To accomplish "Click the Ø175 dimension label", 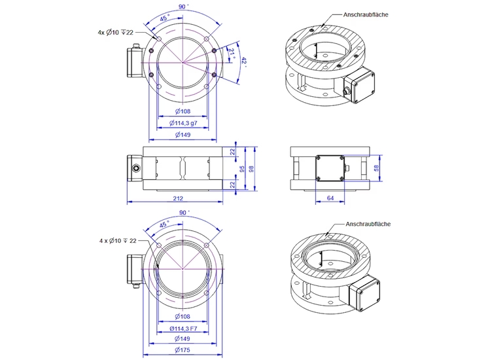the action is (183, 350).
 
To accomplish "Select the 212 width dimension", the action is (178, 198).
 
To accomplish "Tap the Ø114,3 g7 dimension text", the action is (183, 123).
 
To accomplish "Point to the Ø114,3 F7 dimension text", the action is (183, 329).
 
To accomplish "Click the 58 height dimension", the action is (377, 168).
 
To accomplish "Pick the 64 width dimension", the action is (330, 198).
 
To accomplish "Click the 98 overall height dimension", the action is (251, 169).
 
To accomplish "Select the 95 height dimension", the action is (242, 169).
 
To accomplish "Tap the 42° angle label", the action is (244, 62).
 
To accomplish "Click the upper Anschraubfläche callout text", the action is (366, 15).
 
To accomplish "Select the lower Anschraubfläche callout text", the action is (368, 224).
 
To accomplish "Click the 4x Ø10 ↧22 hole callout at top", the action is (115, 32).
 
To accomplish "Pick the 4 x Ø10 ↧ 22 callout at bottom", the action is (118, 241).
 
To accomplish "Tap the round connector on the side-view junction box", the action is (136, 168).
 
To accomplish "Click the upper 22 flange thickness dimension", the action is (232, 152).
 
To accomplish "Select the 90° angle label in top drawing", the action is (184, 7).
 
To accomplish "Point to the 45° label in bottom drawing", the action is (164, 225).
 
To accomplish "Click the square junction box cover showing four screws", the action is (330, 168).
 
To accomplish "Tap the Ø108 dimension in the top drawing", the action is (183, 111).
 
